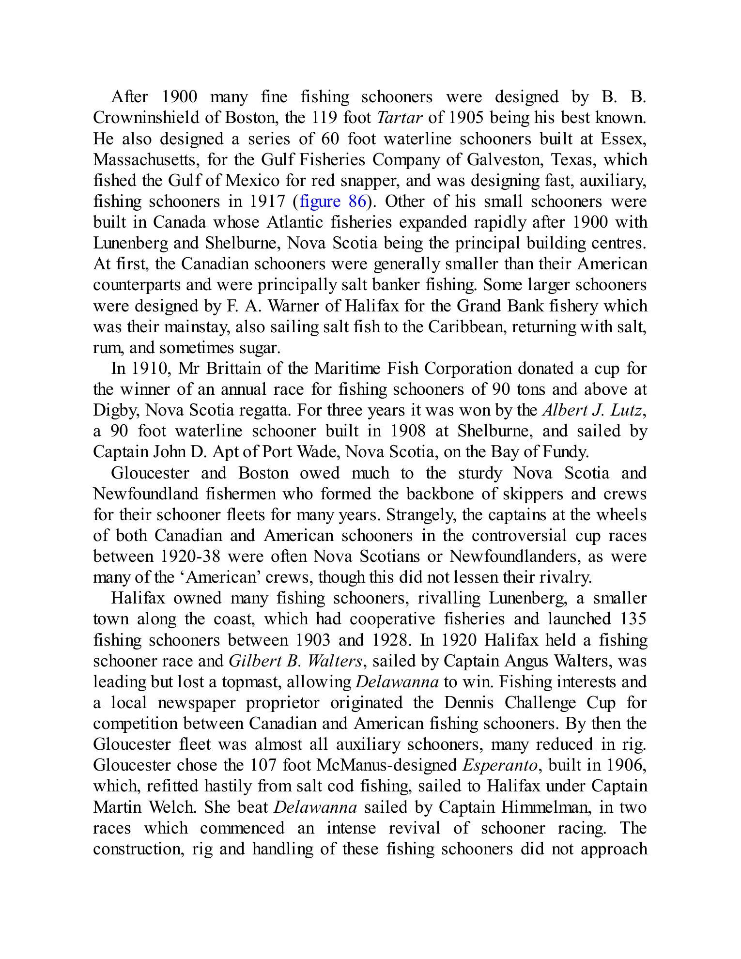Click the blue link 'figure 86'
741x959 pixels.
[333, 201]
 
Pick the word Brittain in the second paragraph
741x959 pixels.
[233, 369]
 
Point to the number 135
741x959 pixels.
[633, 619]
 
